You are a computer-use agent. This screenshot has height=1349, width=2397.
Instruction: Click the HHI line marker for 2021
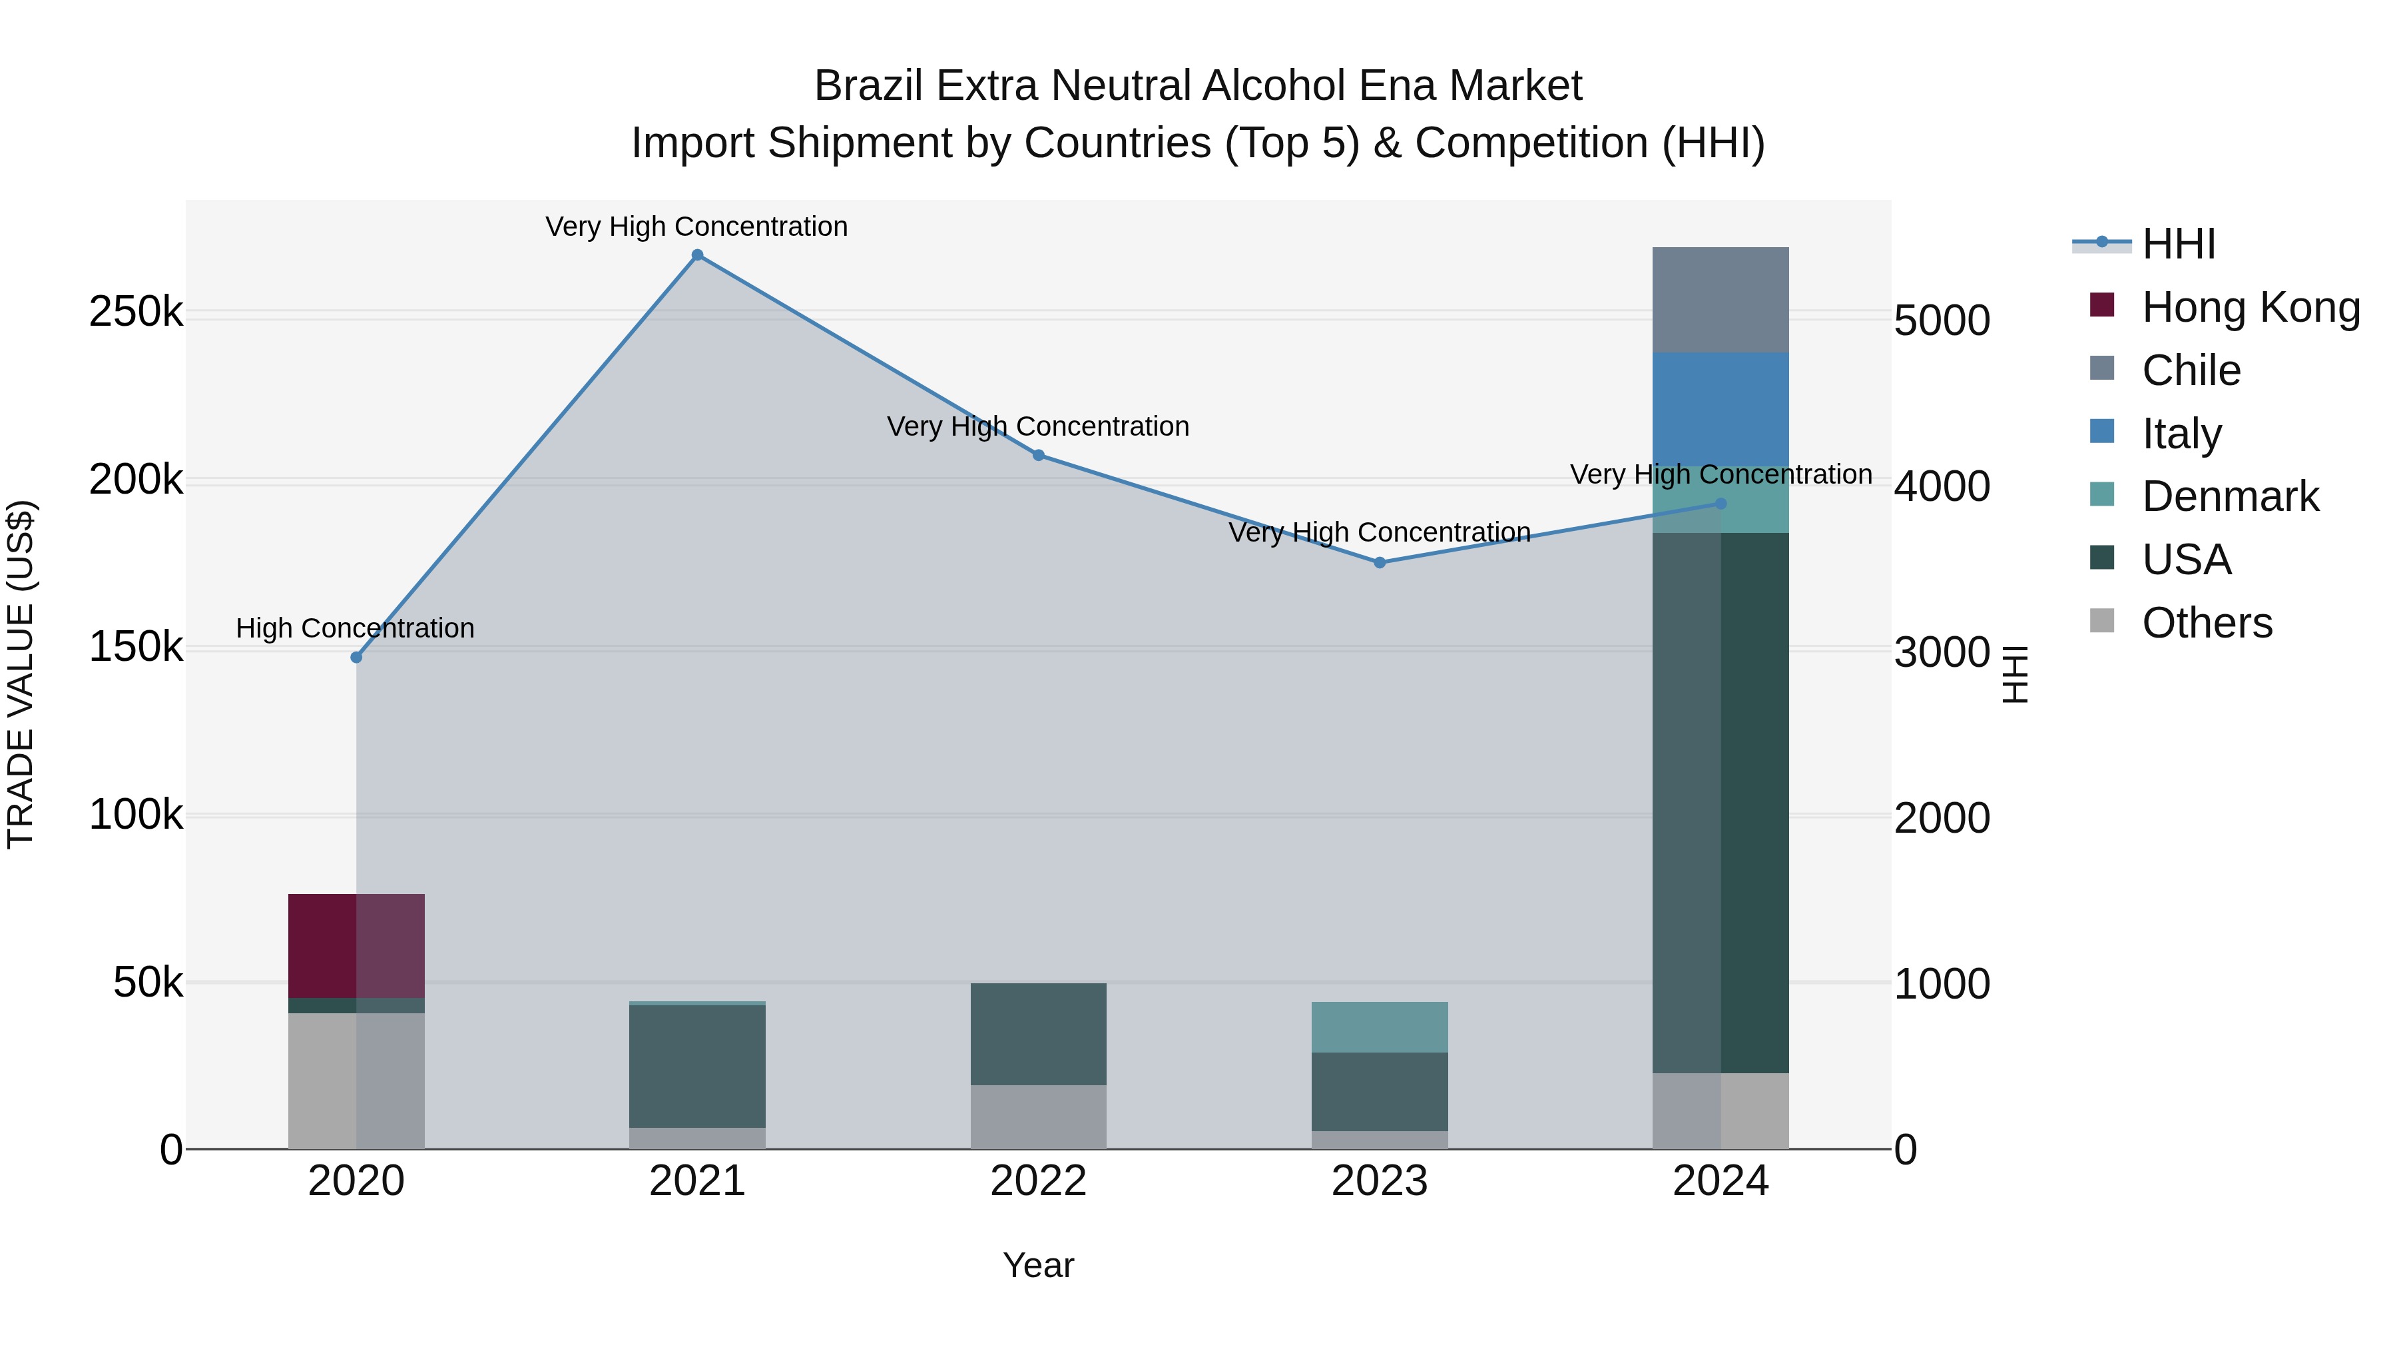tap(697, 255)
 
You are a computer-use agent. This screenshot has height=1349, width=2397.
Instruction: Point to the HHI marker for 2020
tap(356, 658)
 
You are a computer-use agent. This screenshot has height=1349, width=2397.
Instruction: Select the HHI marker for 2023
tap(1380, 562)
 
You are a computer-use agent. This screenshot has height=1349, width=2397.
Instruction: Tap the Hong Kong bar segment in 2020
tap(356, 945)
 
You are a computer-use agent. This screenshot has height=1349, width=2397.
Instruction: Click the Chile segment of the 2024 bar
tap(1721, 300)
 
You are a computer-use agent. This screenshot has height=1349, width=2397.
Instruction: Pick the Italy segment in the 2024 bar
tap(1721, 410)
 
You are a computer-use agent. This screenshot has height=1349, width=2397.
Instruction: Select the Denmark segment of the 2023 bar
tap(1380, 1027)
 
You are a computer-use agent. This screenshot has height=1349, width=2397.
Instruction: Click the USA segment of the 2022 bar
tap(1039, 1033)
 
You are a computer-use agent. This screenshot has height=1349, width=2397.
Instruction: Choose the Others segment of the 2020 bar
tap(356, 1080)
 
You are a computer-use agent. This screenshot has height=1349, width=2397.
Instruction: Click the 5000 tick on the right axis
tap(1942, 320)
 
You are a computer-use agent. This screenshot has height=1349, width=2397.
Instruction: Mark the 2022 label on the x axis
tap(1039, 1181)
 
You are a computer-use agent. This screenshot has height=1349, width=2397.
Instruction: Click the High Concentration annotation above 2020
tap(356, 628)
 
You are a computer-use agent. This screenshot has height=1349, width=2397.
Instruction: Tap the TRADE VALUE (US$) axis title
tap(21, 674)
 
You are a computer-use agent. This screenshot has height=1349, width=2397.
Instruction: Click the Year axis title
tap(1039, 1265)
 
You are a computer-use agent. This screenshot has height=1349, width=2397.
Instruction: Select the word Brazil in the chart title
tap(871, 86)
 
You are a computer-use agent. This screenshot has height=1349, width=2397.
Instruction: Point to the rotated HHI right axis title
tap(2015, 674)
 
